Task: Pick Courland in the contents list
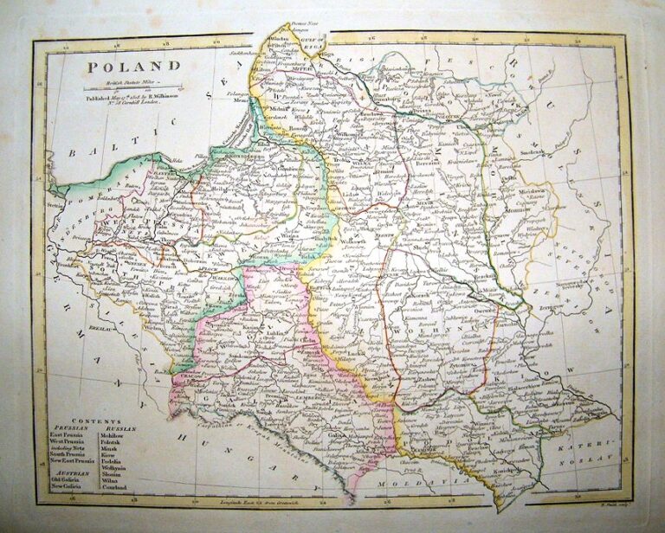(x=114, y=488)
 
